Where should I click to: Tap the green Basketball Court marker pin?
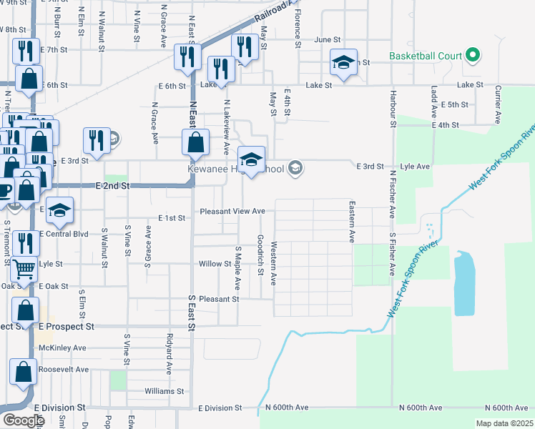coord(472,55)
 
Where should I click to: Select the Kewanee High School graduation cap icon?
coord(251,159)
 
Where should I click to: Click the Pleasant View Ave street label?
coord(232,211)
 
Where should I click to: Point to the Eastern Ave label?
coord(352,221)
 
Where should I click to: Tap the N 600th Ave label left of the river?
coord(286,407)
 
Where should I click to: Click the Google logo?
coord(23,420)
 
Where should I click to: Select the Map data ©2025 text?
coord(504,423)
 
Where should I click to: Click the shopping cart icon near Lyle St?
coord(24,269)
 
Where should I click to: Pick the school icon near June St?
coord(343,63)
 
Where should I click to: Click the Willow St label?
coord(215,264)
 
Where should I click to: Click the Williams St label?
coord(165,391)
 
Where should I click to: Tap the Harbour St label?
coord(393,104)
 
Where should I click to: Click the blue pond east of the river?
coord(463,282)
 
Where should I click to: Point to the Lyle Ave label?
coord(414,166)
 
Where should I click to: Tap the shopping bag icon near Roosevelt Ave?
coord(24,371)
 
